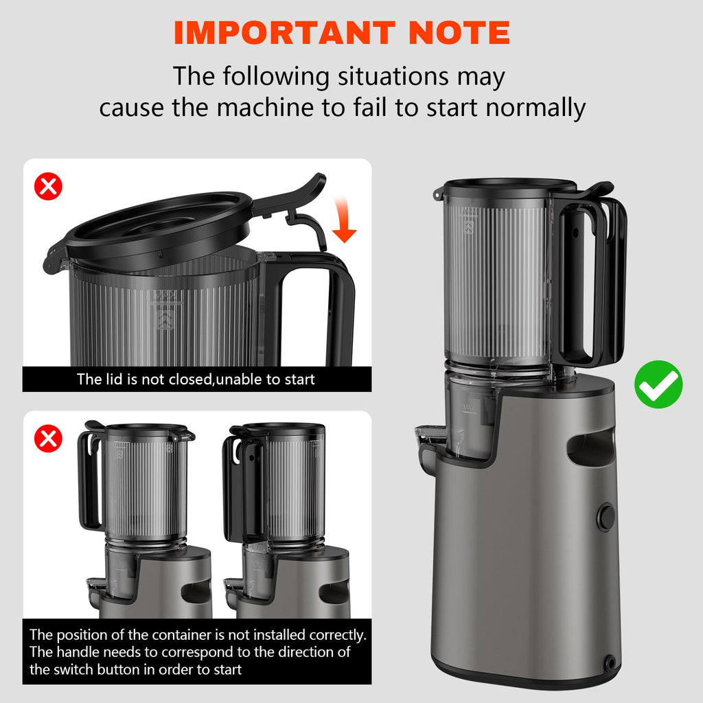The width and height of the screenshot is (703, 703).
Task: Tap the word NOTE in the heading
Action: point(459,33)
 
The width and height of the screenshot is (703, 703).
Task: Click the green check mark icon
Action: point(658,384)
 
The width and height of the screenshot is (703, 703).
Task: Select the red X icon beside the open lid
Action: point(49,186)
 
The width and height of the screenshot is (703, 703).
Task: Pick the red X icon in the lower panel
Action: point(49,439)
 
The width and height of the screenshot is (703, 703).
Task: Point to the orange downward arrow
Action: point(343,220)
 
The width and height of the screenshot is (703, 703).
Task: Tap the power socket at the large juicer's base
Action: point(610,662)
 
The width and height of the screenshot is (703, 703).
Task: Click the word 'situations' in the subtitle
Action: point(393,76)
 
